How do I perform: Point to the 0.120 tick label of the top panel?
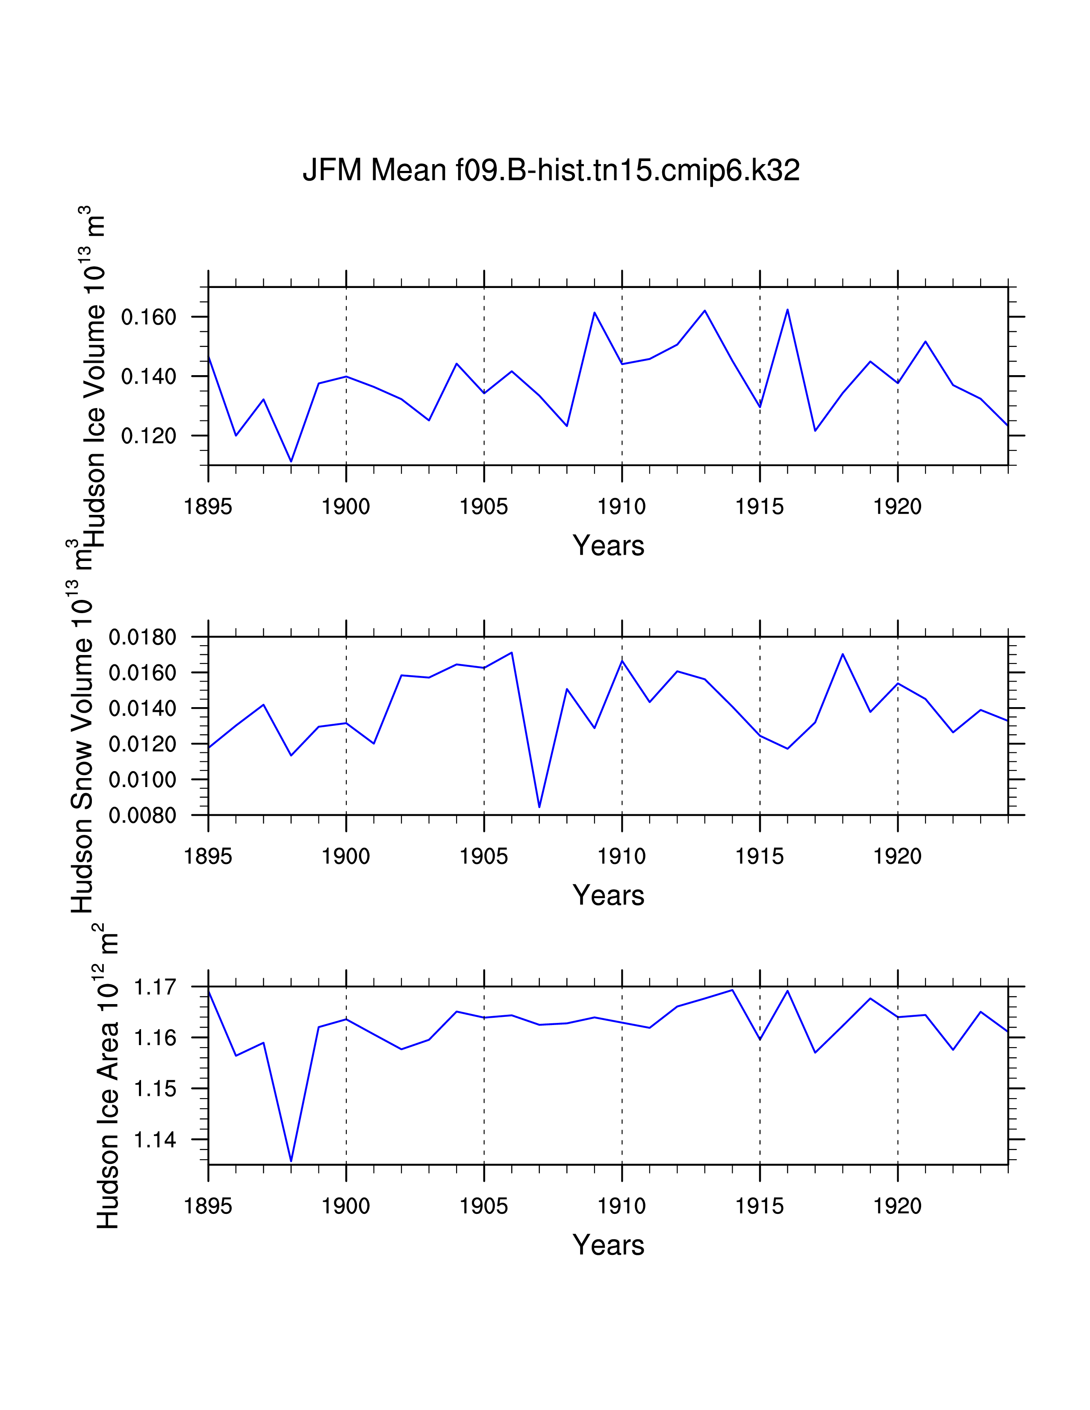148,436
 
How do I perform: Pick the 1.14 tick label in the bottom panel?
154,1140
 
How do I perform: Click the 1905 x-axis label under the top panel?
483,507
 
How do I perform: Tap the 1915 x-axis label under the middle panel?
760,857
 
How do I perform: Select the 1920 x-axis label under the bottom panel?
897,1206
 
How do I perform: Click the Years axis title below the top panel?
608,546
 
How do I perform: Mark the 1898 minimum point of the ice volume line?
291,461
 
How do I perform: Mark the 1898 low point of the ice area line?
291,1161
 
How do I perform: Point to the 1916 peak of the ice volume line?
787,310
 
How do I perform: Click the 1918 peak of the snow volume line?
842,654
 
